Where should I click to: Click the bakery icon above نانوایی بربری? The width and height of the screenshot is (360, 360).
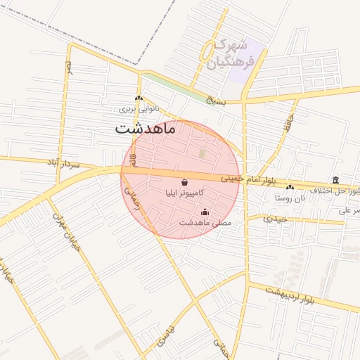(x=139, y=98)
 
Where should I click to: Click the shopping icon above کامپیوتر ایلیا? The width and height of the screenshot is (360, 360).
(x=184, y=181)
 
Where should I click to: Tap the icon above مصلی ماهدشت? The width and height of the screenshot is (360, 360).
(x=205, y=212)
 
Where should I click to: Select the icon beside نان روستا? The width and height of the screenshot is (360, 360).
(x=290, y=187)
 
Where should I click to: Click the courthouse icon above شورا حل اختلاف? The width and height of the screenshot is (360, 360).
(x=335, y=179)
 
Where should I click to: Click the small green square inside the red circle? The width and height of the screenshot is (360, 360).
(x=202, y=153)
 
